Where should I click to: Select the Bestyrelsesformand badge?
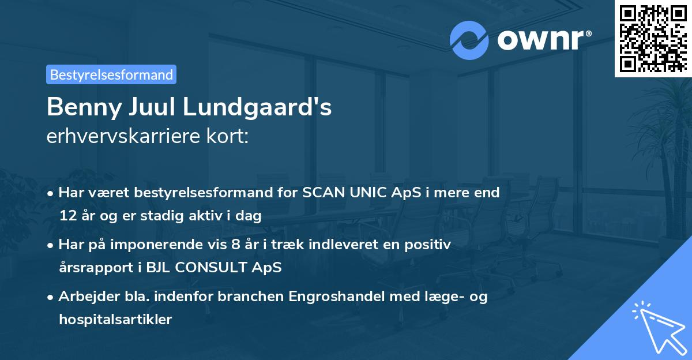pos(111,74)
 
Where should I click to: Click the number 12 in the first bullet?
pos(66,216)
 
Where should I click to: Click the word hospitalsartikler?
pos(115,320)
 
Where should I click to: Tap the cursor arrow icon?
pos(657,326)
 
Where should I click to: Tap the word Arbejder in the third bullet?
pos(84,297)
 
